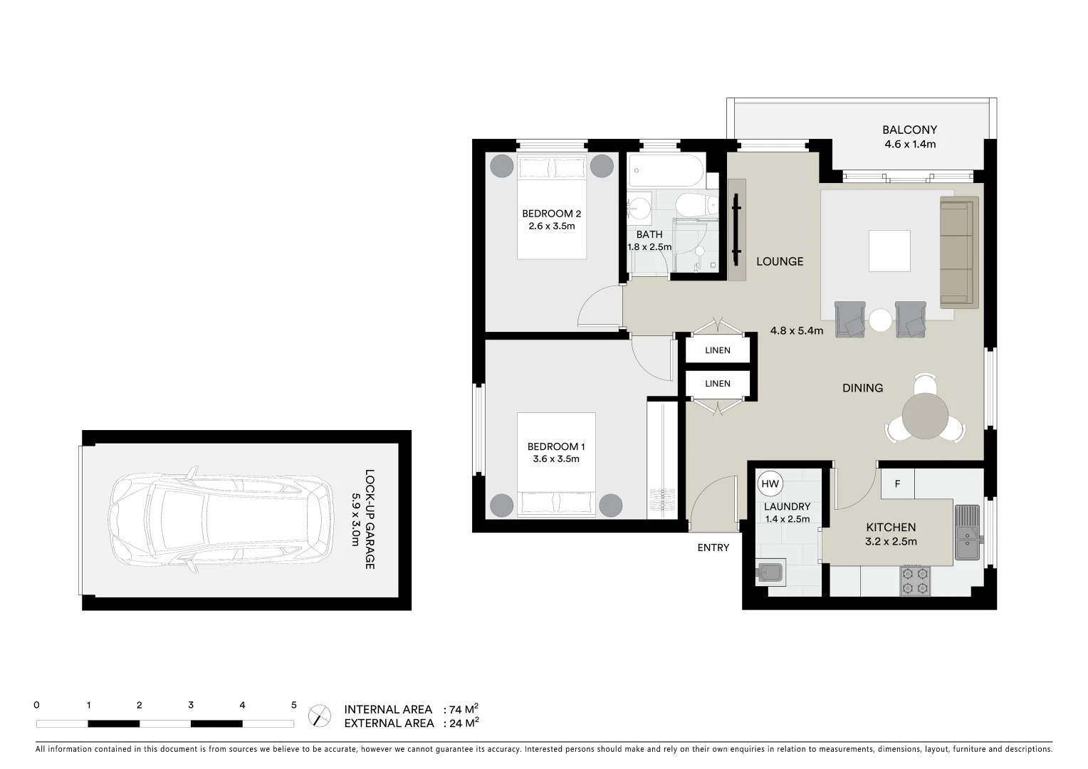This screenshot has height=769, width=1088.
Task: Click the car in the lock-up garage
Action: pos(220,520)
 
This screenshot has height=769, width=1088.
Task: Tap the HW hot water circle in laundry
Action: pos(770,484)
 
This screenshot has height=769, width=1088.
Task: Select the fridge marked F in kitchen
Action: pos(897,484)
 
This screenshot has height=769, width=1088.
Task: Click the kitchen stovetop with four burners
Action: pos(916,580)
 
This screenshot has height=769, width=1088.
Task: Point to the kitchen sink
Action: pos(967,533)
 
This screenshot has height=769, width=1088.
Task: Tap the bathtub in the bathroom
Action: pos(666,172)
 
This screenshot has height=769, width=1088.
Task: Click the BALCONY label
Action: pos(909,130)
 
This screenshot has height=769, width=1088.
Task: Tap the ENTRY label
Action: pos(713,548)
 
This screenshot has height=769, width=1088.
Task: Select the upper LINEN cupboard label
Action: pos(717,350)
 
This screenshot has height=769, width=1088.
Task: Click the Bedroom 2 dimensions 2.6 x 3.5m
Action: pos(551,226)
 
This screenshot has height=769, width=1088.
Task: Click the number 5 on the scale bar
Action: pos(293,706)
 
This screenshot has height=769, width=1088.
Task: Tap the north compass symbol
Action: pos(320,716)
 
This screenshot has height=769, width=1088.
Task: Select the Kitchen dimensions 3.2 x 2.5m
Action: pos(891,541)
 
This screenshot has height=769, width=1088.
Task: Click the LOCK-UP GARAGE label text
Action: pos(370,519)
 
